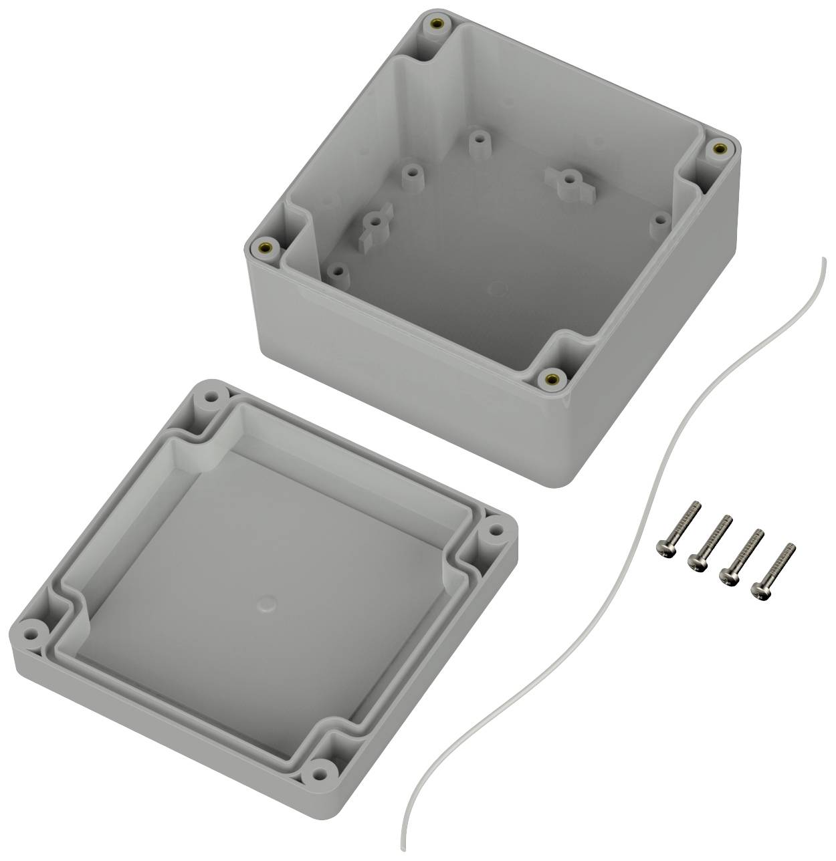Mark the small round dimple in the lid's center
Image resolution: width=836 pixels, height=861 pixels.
(267, 606)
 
